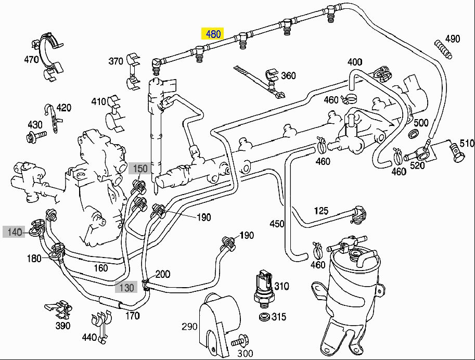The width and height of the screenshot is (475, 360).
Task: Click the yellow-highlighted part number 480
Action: point(214,34)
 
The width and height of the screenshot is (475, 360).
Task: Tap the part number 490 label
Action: point(453,38)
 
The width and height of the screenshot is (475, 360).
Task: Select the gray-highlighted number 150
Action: point(140,168)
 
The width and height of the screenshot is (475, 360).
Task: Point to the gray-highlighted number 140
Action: point(15,232)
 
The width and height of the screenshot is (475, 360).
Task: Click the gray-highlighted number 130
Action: point(126,287)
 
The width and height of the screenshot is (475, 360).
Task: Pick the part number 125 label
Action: point(321,211)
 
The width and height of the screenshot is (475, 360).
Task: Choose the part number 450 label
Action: point(277,224)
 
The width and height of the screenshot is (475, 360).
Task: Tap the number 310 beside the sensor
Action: point(281,286)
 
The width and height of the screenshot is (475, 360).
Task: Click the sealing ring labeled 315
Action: point(264,317)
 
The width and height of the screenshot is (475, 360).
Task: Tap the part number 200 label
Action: point(163,274)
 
